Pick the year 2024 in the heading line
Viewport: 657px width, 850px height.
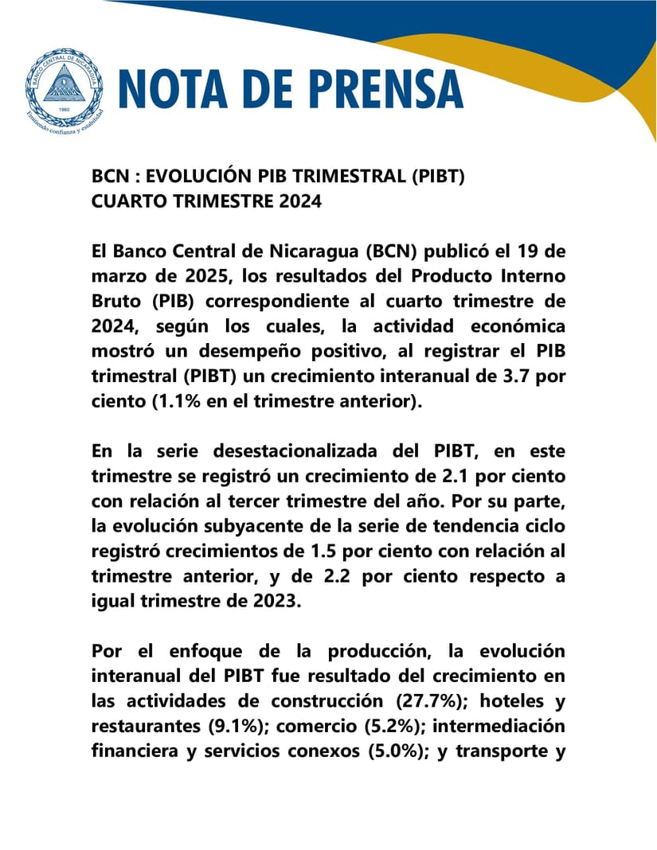coord(300,201)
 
